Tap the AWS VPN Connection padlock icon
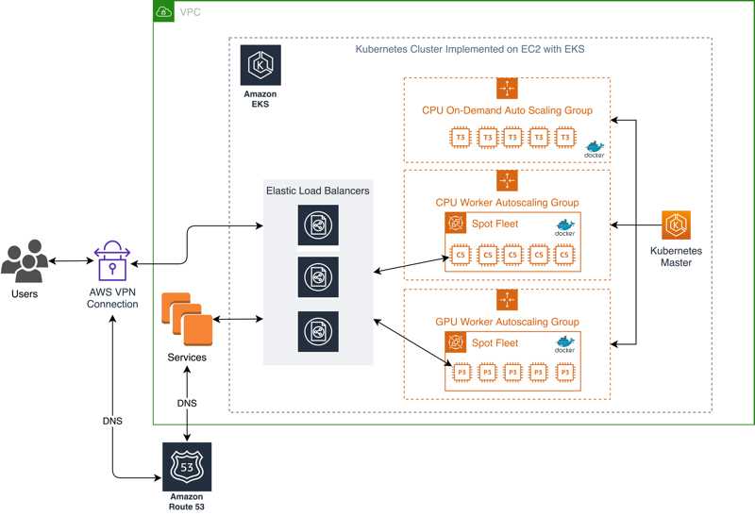point(112,261)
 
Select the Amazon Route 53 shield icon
point(187,467)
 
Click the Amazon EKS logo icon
point(260,65)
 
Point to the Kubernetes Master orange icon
point(676,225)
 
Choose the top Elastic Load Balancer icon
point(318,225)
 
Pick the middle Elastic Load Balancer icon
point(318,278)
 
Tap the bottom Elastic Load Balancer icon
point(318,331)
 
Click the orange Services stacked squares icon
point(187,320)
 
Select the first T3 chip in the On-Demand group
point(461,138)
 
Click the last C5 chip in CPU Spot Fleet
point(564,255)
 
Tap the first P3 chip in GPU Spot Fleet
point(461,374)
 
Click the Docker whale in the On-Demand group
point(595,148)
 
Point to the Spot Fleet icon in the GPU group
point(456,342)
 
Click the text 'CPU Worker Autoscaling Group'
point(507,203)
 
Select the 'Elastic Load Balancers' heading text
point(318,191)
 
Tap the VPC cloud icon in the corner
point(164,12)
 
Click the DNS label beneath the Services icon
point(187,403)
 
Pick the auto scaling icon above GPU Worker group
point(507,300)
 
